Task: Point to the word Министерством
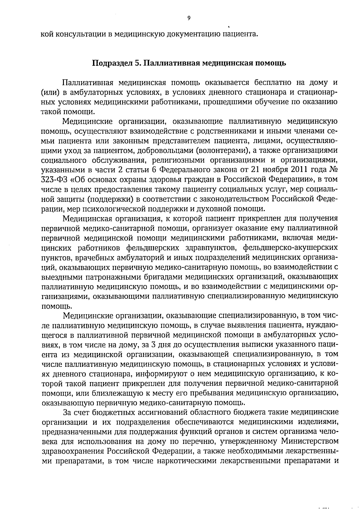click(310, 442)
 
